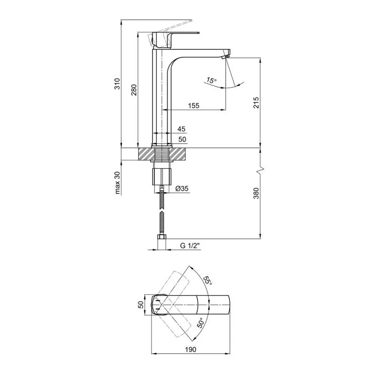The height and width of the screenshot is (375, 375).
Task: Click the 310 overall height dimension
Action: click(117, 84)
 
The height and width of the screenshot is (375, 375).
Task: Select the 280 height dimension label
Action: click(134, 90)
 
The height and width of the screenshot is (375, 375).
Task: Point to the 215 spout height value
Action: click(256, 102)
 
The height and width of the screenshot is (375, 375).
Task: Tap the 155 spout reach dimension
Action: click(193, 105)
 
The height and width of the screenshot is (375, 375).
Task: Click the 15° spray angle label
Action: click(211, 80)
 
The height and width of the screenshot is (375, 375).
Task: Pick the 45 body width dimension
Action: click(181, 129)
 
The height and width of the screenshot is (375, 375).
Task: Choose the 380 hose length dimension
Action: click(256, 193)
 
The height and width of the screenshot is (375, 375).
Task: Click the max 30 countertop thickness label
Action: click(117, 183)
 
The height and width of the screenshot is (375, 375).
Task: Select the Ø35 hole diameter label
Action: click(182, 189)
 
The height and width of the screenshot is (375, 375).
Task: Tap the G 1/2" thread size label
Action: click(190, 246)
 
